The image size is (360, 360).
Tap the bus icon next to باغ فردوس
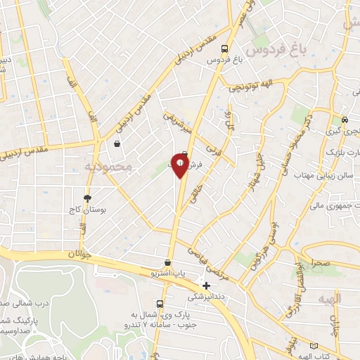(224, 49)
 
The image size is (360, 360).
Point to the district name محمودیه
(108, 167)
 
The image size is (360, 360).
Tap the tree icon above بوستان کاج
(87, 198)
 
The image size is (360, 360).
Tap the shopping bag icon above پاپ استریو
(167, 262)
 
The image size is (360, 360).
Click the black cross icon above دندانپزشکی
(206, 285)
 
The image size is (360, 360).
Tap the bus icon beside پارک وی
(160, 304)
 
